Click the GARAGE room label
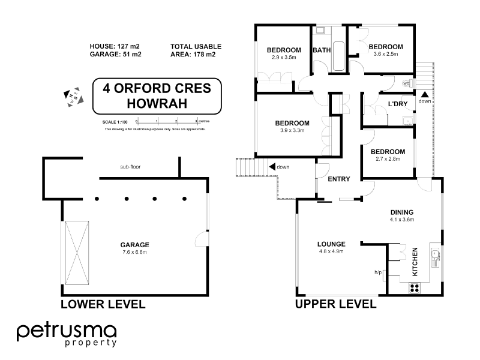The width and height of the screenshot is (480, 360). tap(134, 245)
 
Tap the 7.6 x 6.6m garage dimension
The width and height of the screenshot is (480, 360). tap(134, 252)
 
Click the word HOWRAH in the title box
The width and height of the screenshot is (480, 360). tap(157, 103)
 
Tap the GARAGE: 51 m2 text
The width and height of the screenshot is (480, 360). tap(115, 55)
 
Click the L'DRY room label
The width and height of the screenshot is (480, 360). tap(398, 104)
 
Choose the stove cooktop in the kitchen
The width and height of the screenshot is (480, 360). tap(414, 287)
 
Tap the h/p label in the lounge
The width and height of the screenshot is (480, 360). tap(378, 272)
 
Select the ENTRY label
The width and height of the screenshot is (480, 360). tap(338, 179)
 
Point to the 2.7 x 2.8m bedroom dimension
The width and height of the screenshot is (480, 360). tap(388, 159)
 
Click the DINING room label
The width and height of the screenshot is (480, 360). tap(402, 212)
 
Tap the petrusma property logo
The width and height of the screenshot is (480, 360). tap(66, 334)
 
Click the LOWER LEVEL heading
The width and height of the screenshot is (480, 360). tap(103, 304)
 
